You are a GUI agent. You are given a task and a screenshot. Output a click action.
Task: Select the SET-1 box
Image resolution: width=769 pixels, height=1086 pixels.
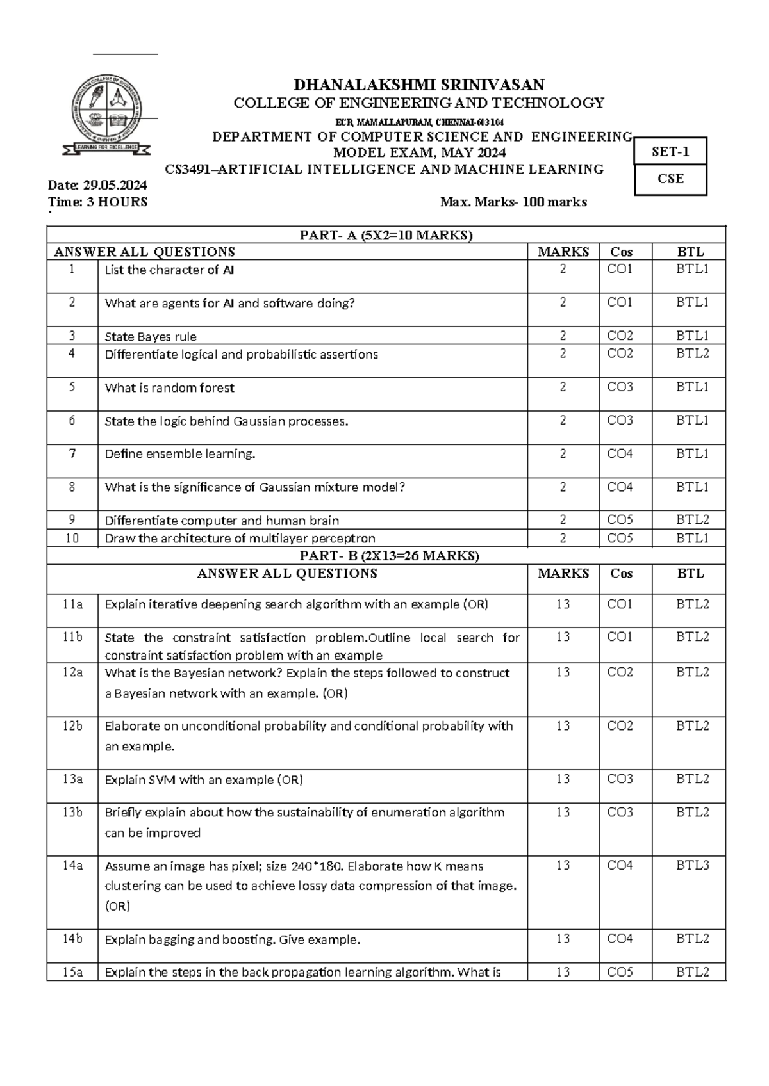pyautogui.click(x=670, y=152)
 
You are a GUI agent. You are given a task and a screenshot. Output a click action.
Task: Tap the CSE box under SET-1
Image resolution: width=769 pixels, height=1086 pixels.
pyautogui.click(x=670, y=179)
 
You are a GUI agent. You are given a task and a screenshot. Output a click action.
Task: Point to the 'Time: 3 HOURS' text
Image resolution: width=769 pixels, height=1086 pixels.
pyautogui.click(x=98, y=202)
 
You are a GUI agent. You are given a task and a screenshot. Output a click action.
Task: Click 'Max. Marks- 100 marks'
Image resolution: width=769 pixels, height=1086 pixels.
pyautogui.click(x=513, y=202)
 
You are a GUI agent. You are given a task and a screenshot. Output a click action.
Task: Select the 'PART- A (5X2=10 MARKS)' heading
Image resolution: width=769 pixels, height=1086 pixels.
pyautogui.click(x=386, y=235)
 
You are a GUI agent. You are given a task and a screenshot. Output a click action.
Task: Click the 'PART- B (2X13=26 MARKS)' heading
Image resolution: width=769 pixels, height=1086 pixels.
pyautogui.click(x=386, y=556)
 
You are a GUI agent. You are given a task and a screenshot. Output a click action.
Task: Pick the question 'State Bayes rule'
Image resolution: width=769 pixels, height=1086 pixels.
pyautogui.click(x=151, y=336)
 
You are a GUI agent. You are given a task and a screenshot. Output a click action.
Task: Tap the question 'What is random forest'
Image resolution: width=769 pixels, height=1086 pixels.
pyautogui.click(x=170, y=387)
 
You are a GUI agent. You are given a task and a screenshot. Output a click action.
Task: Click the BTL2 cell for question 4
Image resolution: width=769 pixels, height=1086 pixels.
pyautogui.click(x=692, y=353)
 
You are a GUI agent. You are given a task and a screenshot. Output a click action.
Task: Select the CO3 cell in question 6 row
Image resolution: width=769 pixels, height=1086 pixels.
pyautogui.click(x=620, y=421)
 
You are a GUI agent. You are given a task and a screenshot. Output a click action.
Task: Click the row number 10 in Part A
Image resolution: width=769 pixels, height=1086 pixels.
pyautogui.click(x=72, y=538)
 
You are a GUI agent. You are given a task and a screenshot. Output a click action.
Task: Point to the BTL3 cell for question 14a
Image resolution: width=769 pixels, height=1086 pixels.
pyautogui.click(x=692, y=866)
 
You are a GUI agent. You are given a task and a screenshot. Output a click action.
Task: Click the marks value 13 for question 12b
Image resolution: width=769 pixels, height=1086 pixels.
pyautogui.click(x=563, y=725)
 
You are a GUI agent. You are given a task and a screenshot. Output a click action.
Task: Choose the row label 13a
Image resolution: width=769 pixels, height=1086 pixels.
pyautogui.click(x=72, y=779)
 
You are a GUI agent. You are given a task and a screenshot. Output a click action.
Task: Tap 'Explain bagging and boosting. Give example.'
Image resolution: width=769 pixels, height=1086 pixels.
pyautogui.click(x=233, y=939)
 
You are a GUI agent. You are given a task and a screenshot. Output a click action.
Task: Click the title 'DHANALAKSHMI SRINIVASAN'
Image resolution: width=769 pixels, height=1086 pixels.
pyautogui.click(x=418, y=85)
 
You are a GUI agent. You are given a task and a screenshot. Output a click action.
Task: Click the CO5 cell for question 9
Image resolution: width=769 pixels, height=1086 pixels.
pyautogui.click(x=620, y=520)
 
